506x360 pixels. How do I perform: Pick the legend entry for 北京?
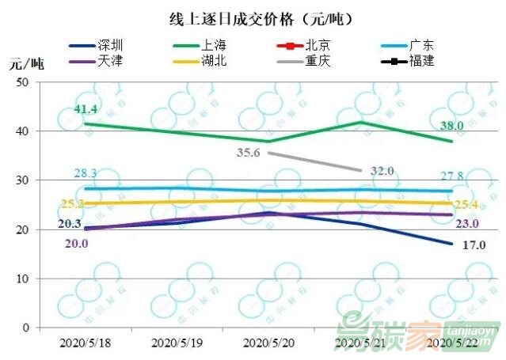click(x=318, y=45)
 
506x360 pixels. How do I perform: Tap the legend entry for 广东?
click(x=421, y=45)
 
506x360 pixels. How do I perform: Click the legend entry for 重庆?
click(x=318, y=60)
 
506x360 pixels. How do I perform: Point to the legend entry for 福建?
click(x=421, y=60)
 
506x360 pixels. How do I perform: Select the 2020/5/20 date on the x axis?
click(x=268, y=343)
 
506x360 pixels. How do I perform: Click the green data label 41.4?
click(x=85, y=108)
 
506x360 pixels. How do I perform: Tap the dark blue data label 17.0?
click(x=473, y=245)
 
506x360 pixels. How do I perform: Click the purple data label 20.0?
click(x=76, y=244)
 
